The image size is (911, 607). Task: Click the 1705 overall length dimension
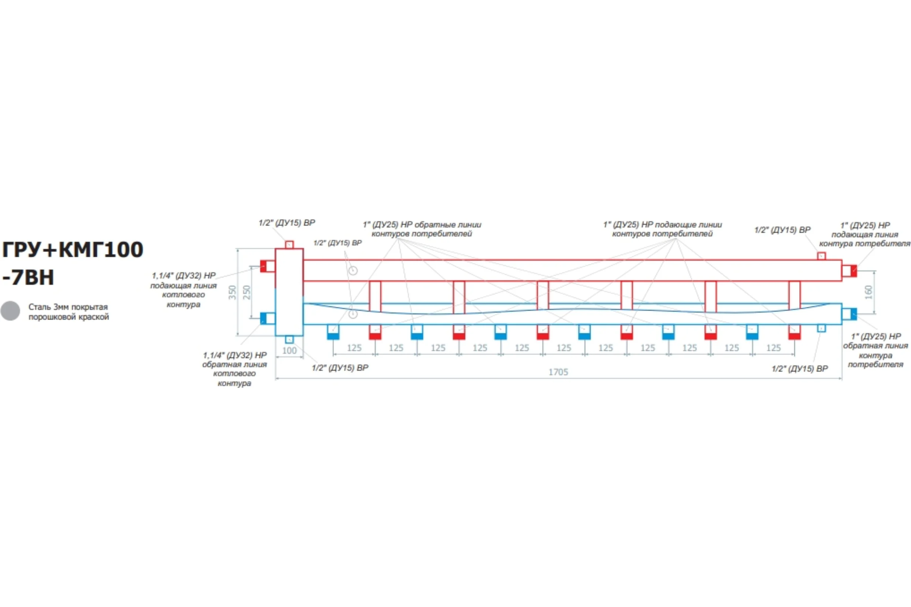coord(558,372)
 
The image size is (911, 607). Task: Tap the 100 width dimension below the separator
coord(289,351)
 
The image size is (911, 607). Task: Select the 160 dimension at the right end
coord(868,292)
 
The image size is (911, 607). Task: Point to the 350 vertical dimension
coord(232,292)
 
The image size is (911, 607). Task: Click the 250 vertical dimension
coord(247,292)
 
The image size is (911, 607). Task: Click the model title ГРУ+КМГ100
coord(73,250)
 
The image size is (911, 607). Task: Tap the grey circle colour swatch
coord(10,311)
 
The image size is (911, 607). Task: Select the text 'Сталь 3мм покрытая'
coord(68,307)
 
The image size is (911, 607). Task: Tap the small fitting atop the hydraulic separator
coord(289,245)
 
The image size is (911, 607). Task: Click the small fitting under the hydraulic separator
coord(289,340)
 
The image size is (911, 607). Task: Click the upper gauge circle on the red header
coord(353,270)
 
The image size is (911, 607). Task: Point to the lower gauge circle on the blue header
coord(353,314)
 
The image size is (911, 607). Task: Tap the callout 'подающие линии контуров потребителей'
coord(662,229)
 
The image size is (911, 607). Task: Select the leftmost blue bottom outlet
coord(333,332)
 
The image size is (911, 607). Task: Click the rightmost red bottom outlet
coord(794,332)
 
